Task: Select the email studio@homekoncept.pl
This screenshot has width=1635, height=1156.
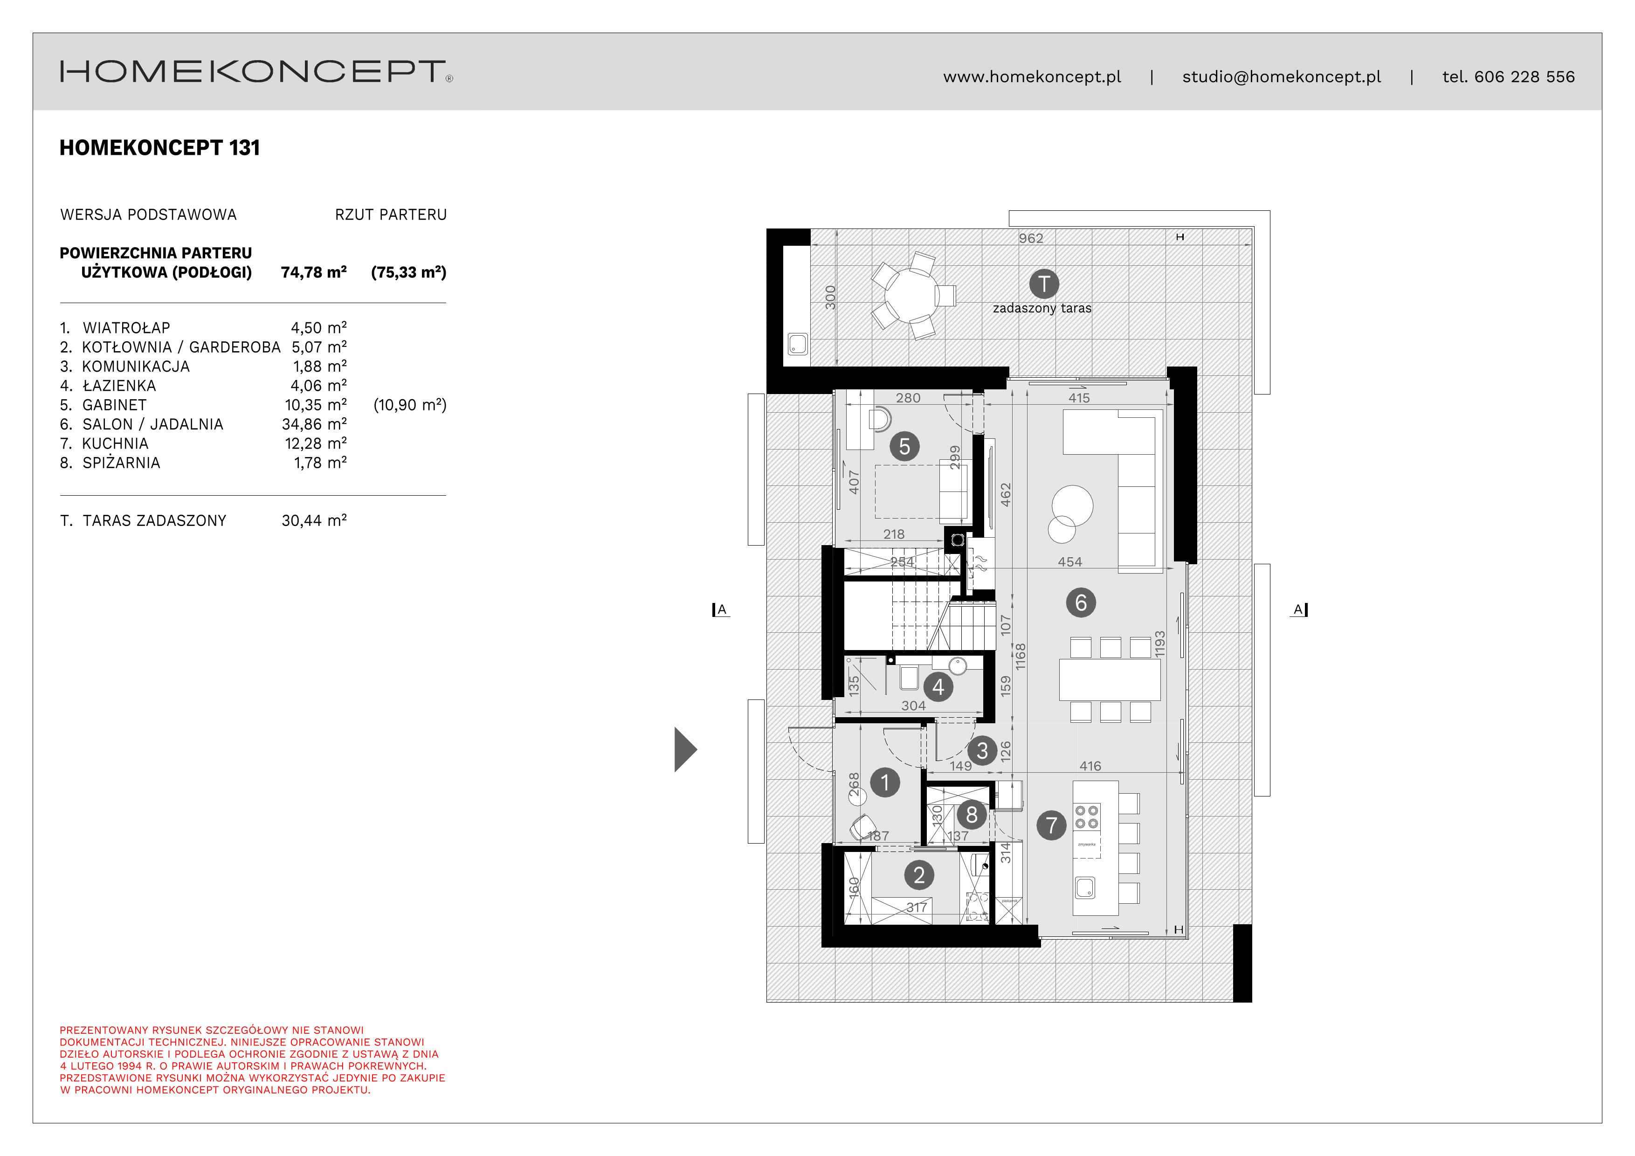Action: [1281, 77]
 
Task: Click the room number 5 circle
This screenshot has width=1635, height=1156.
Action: [904, 447]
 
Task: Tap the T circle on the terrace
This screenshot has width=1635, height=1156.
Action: [1044, 284]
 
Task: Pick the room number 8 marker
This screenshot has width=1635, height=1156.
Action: [971, 815]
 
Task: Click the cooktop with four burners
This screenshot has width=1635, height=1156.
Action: [1087, 817]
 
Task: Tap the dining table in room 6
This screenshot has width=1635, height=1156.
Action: [1110, 680]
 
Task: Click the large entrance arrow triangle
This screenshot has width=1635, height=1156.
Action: [684, 749]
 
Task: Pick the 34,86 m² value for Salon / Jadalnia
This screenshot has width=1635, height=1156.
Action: [314, 424]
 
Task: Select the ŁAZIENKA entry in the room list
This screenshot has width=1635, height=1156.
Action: [119, 386]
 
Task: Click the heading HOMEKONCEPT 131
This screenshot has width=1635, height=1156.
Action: [159, 148]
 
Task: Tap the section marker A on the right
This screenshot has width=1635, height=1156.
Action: [1299, 609]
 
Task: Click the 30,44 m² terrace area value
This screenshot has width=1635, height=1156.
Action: [314, 521]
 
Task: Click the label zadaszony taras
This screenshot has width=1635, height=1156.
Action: [1042, 308]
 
